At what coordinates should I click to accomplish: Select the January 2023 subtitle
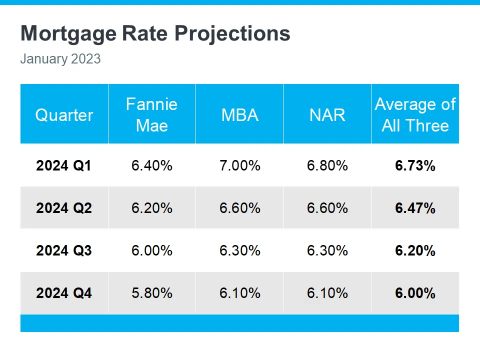click(x=60, y=59)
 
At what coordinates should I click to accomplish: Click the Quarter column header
click(x=64, y=115)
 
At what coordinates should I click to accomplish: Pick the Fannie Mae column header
click(x=151, y=114)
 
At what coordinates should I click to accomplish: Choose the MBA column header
click(x=239, y=115)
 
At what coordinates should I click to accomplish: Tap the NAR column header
click(x=327, y=115)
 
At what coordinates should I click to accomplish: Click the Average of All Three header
click(x=415, y=114)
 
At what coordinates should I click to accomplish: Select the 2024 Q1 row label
click(x=63, y=165)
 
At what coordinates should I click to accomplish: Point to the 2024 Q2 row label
click(x=63, y=208)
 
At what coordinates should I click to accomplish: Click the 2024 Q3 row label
click(x=63, y=250)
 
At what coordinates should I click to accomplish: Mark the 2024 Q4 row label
click(x=63, y=293)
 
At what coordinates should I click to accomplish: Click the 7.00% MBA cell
click(x=239, y=165)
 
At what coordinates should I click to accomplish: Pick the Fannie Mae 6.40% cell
click(x=151, y=165)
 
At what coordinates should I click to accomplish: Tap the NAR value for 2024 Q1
click(x=327, y=165)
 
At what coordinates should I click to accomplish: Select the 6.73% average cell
click(x=415, y=165)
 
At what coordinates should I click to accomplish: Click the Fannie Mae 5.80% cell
click(x=151, y=293)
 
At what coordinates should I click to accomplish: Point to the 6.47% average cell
click(x=415, y=208)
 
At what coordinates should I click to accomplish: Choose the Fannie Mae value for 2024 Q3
click(x=151, y=250)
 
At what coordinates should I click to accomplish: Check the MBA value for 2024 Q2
click(x=239, y=208)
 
